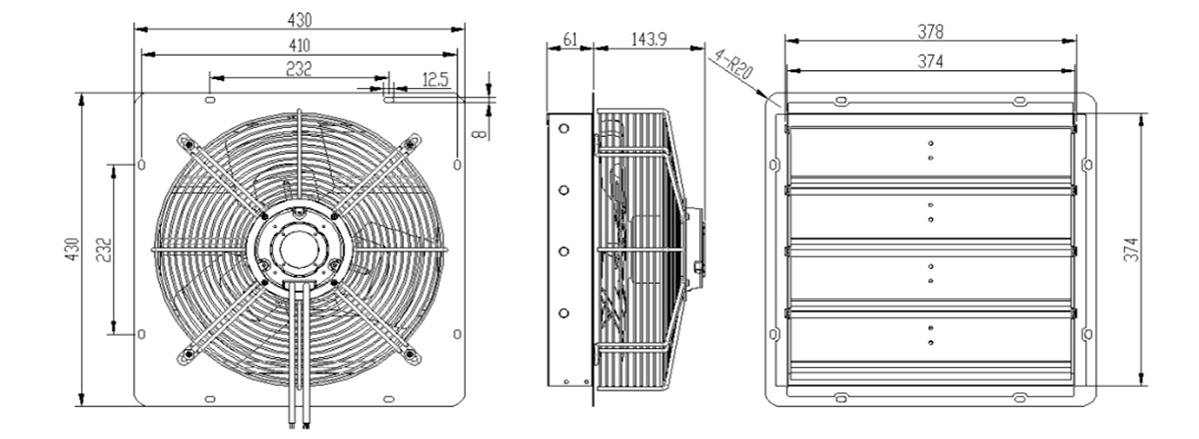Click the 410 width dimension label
(299, 46)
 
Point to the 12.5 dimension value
(435, 80)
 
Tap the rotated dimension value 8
(481, 132)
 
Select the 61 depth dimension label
(571, 40)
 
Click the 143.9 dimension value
(648, 39)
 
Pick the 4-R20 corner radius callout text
(734, 64)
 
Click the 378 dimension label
(930, 32)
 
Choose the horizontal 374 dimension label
(930, 62)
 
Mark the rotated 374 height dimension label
(1131, 250)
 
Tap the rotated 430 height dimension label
(72, 250)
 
